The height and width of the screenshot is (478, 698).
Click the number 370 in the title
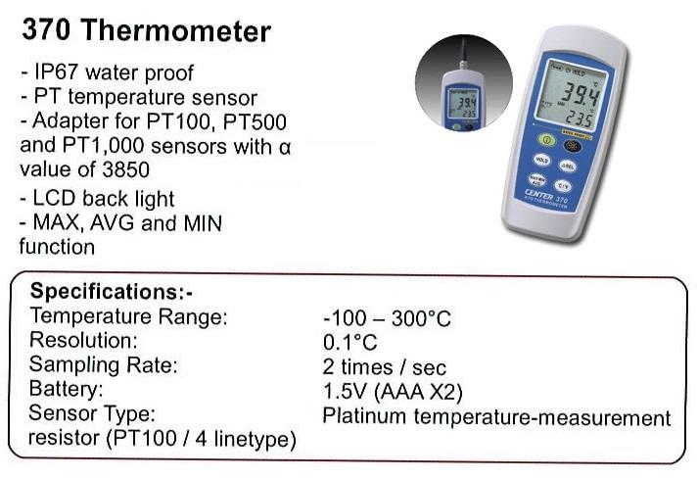coord(47,30)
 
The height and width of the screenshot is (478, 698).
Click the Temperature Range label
coord(128,316)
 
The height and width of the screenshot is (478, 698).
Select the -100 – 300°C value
coord(386,319)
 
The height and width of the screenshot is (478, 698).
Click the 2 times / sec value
coord(384,368)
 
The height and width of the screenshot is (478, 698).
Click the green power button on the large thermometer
coord(547,140)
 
